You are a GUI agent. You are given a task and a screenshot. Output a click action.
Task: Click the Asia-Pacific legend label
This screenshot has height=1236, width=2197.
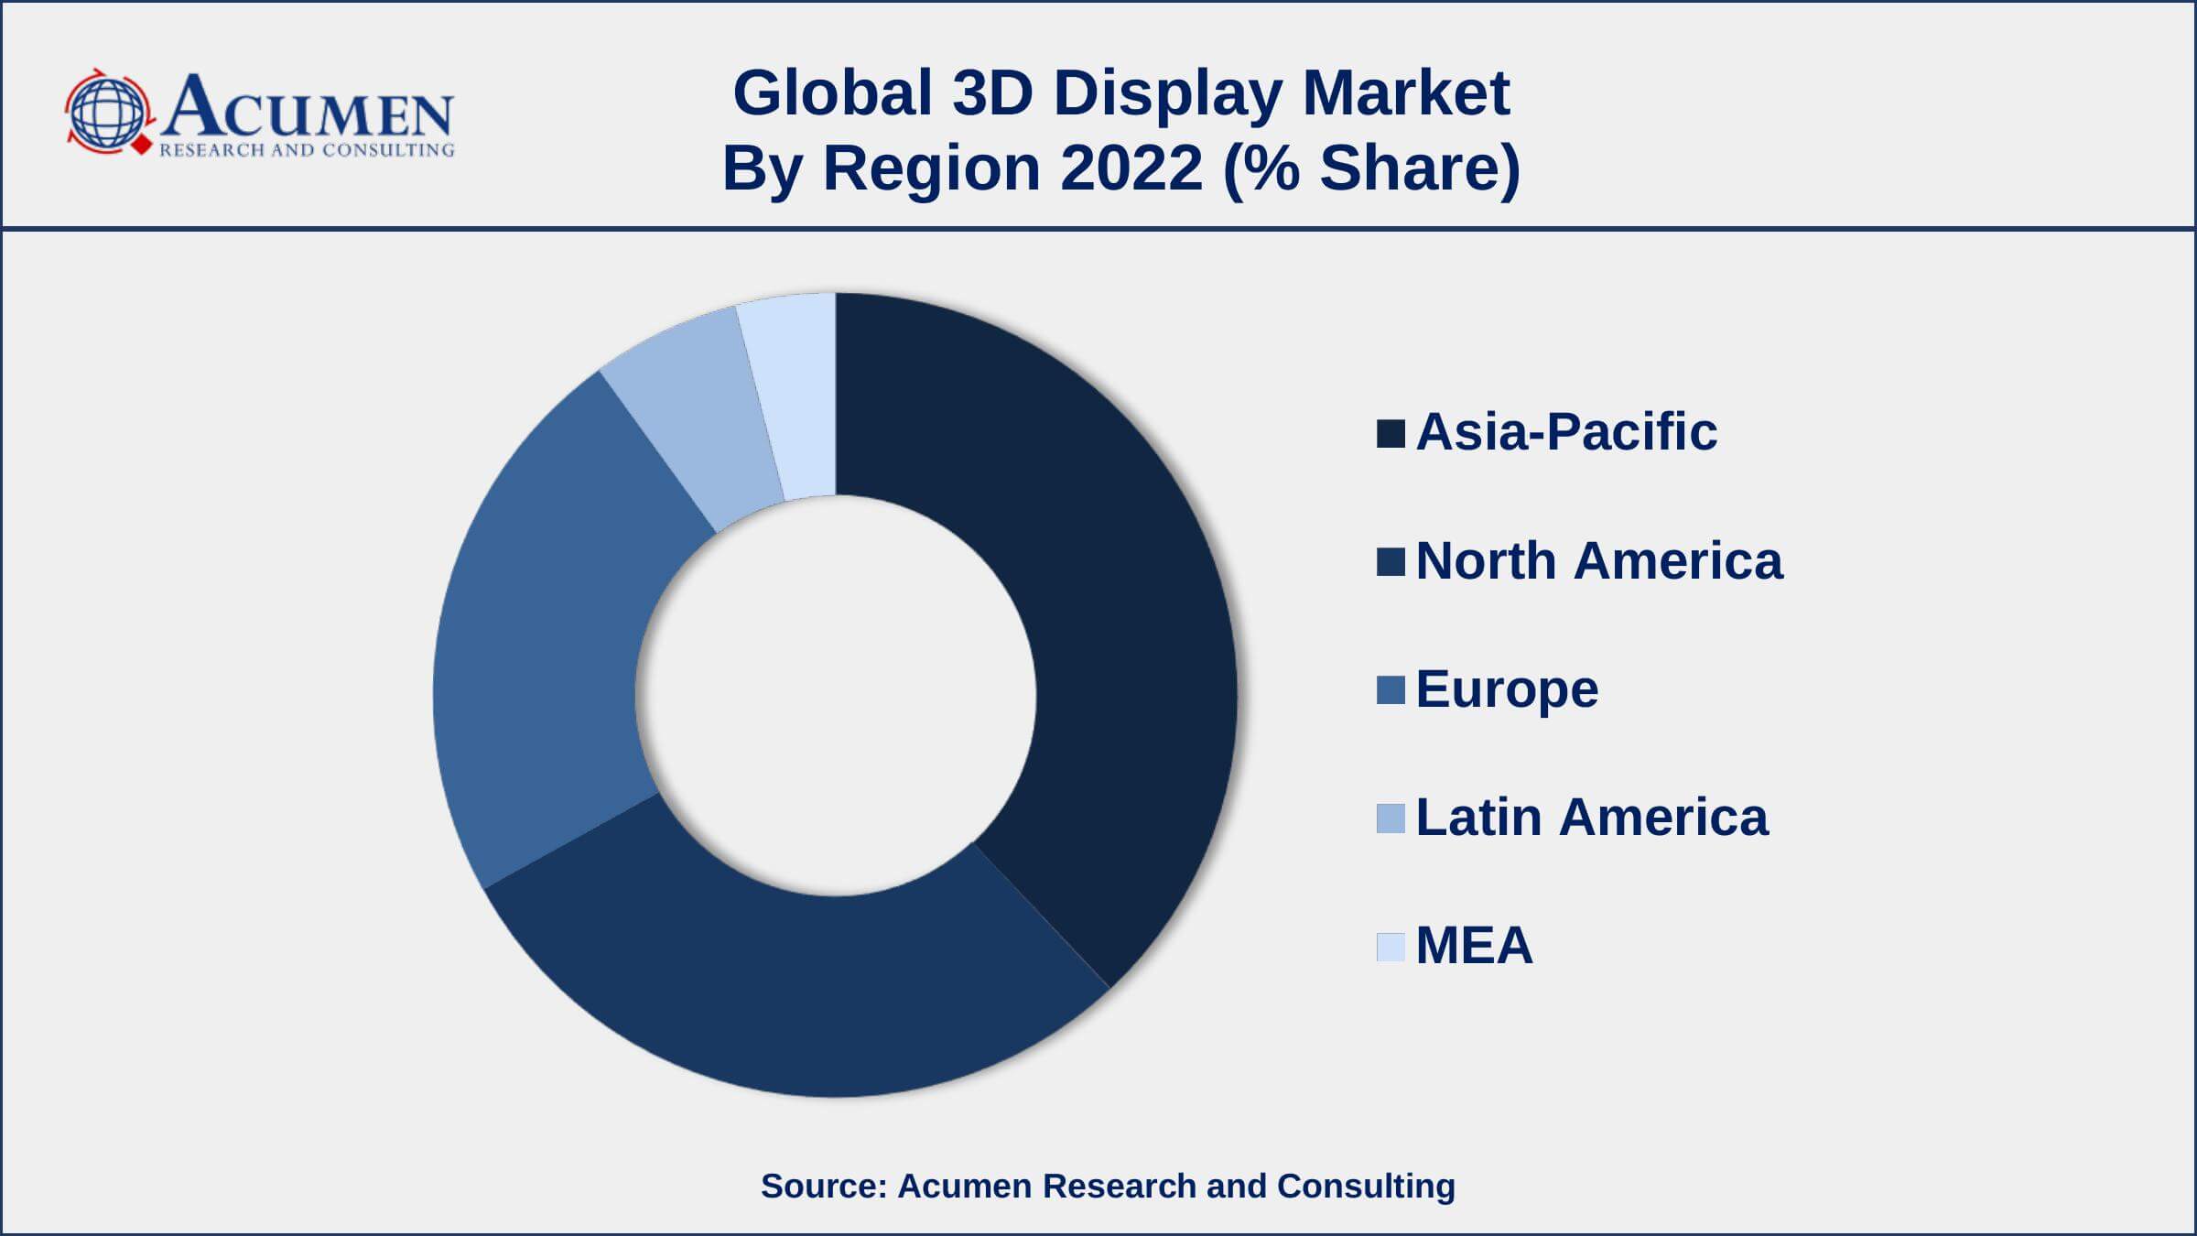[x=1565, y=431]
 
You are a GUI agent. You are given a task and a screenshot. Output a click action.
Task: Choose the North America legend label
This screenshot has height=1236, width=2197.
[x=1598, y=560]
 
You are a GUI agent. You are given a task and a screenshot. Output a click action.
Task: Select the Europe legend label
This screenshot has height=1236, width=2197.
[x=1506, y=688]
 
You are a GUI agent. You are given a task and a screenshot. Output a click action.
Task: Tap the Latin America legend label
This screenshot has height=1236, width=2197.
[x=1591, y=817]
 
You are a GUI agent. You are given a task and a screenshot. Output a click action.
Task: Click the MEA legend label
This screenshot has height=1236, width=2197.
[x=1474, y=945]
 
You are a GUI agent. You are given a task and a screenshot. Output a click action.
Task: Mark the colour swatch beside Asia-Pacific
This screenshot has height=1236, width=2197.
[x=1391, y=434]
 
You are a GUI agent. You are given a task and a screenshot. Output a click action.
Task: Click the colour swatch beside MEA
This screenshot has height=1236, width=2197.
[x=1391, y=947]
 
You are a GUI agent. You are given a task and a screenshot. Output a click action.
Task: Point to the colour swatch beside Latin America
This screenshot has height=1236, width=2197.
[x=1391, y=819]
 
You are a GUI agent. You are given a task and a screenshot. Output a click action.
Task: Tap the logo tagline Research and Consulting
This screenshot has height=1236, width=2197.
[x=307, y=149]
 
